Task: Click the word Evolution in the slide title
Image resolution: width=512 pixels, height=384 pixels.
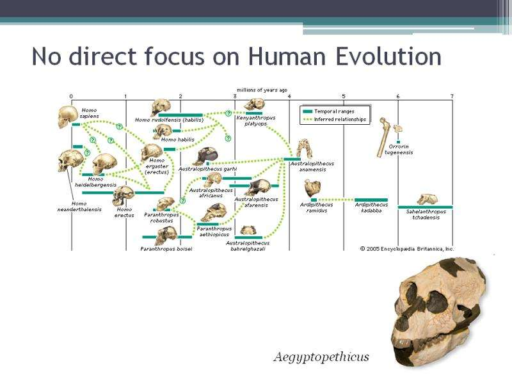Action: (x=388, y=56)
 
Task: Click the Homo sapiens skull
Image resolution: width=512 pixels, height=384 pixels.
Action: (x=68, y=116)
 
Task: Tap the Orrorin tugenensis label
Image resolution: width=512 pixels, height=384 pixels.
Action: (x=399, y=150)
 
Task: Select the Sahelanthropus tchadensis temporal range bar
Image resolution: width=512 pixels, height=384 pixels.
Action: (x=425, y=207)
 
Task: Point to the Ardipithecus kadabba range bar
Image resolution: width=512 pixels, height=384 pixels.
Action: (x=371, y=200)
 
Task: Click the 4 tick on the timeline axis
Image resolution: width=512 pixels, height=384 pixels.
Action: (x=289, y=97)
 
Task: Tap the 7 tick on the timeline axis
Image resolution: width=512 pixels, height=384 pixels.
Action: (x=452, y=97)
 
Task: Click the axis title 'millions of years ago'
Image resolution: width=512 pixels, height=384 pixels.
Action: (x=262, y=90)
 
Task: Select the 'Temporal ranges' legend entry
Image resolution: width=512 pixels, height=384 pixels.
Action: (x=329, y=111)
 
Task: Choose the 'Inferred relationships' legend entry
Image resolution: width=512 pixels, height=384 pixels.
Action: (x=335, y=120)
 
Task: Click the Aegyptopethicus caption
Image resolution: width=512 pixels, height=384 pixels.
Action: (x=322, y=357)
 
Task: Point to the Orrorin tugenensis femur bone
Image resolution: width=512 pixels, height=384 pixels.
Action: (x=383, y=137)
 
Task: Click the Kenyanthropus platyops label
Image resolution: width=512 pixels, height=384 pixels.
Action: (x=255, y=120)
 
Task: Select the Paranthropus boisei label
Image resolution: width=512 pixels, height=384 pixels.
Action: (x=166, y=249)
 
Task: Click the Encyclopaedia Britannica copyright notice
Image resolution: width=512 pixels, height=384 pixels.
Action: (x=407, y=249)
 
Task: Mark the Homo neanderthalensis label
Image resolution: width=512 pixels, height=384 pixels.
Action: (x=79, y=206)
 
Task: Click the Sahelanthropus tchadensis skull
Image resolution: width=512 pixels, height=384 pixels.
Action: (x=427, y=199)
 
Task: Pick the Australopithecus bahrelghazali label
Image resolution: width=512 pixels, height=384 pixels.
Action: (x=248, y=246)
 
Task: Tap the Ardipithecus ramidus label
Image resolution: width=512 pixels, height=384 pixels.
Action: (x=316, y=207)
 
